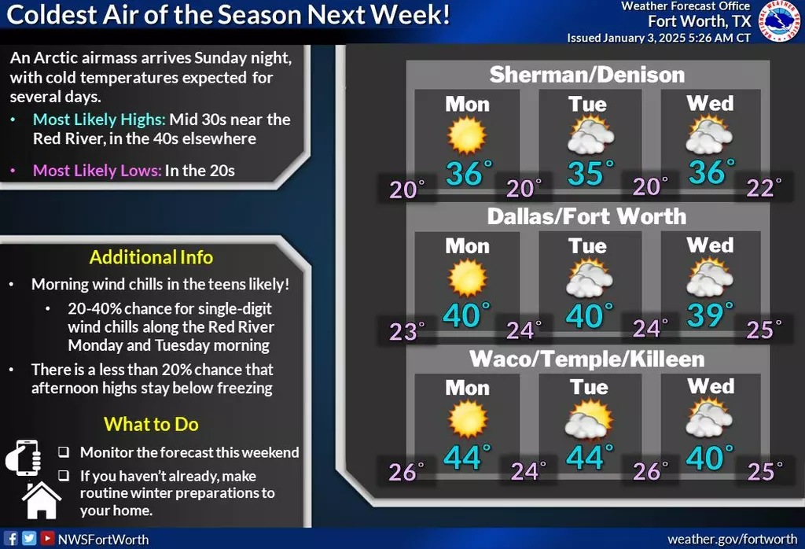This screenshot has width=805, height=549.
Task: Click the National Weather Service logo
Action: point(778,21)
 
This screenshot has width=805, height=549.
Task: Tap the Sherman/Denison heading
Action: point(586,75)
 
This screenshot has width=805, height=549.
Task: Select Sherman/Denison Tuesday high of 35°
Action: point(590,173)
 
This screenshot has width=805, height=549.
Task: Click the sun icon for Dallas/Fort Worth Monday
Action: point(467,278)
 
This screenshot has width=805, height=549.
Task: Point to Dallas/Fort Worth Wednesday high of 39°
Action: point(710,315)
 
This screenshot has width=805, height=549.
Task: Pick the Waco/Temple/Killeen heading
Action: point(586,359)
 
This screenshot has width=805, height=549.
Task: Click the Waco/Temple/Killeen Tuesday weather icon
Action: point(589,419)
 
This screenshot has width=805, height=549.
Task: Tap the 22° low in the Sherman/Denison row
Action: point(764,188)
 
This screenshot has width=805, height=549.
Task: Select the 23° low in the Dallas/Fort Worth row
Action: point(407,331)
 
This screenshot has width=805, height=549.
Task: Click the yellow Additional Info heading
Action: point(151,257)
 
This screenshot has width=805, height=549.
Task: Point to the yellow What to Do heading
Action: point(151,424)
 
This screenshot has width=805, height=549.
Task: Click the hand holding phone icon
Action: point(24,458)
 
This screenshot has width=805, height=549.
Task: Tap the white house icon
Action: point(42,500)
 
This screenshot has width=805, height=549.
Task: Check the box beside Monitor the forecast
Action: point(64,452)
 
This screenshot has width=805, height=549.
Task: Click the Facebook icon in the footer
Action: point(11,538)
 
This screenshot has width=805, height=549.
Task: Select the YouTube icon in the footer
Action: point(47,538)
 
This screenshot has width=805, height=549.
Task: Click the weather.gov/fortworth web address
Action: point(733,539)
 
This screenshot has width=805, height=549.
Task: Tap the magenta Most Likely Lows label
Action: point(97,171)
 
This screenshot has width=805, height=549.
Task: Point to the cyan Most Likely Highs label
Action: point(99,120)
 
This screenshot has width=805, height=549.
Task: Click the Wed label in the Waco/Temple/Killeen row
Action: point(711,386)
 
